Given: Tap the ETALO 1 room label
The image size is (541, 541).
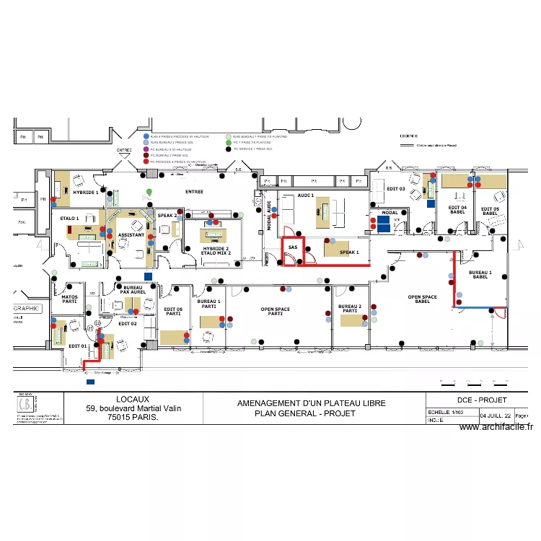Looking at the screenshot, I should (69, 218).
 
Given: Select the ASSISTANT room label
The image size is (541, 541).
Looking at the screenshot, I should (131, 235).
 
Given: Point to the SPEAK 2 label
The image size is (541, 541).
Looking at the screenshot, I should (167, 215).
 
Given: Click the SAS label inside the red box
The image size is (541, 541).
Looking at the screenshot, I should (292, 247).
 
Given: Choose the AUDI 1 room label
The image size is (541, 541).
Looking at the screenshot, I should (306, 195).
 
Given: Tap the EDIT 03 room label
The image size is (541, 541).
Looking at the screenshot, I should (396, 189).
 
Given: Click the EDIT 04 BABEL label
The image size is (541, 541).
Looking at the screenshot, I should (458, 210).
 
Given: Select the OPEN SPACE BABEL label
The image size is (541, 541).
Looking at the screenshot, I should (423, 299).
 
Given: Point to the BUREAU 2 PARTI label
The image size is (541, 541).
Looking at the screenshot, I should (349, 309).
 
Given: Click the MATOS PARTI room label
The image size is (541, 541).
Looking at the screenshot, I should (69, 299).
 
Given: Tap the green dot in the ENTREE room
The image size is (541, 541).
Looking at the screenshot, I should (149, 191).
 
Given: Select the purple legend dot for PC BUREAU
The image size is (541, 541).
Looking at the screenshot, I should (146, 149).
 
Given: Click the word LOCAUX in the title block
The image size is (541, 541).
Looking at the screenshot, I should (133, 399).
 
